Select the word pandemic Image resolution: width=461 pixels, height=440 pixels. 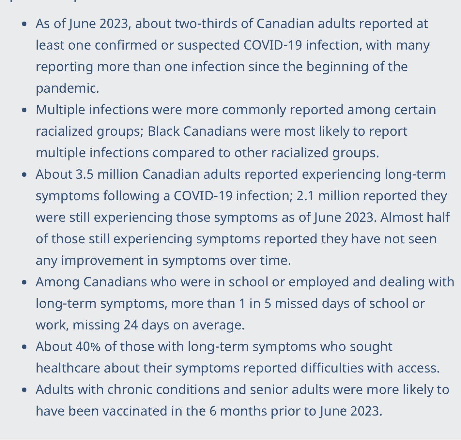(x=67, y=88)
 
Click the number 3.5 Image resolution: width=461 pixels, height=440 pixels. (x=85, y=174)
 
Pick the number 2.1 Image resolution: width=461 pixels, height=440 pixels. (x=306, y=196)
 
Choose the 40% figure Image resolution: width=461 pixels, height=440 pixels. (x=88, y=346)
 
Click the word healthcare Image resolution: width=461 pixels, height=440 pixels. (x=68, y=368)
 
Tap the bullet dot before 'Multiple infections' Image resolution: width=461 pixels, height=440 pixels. (x=24, y=110)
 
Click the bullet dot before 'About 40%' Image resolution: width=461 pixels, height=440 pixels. (x=24, y=347)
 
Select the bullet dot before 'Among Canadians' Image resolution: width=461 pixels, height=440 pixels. (x=24, y=282)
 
